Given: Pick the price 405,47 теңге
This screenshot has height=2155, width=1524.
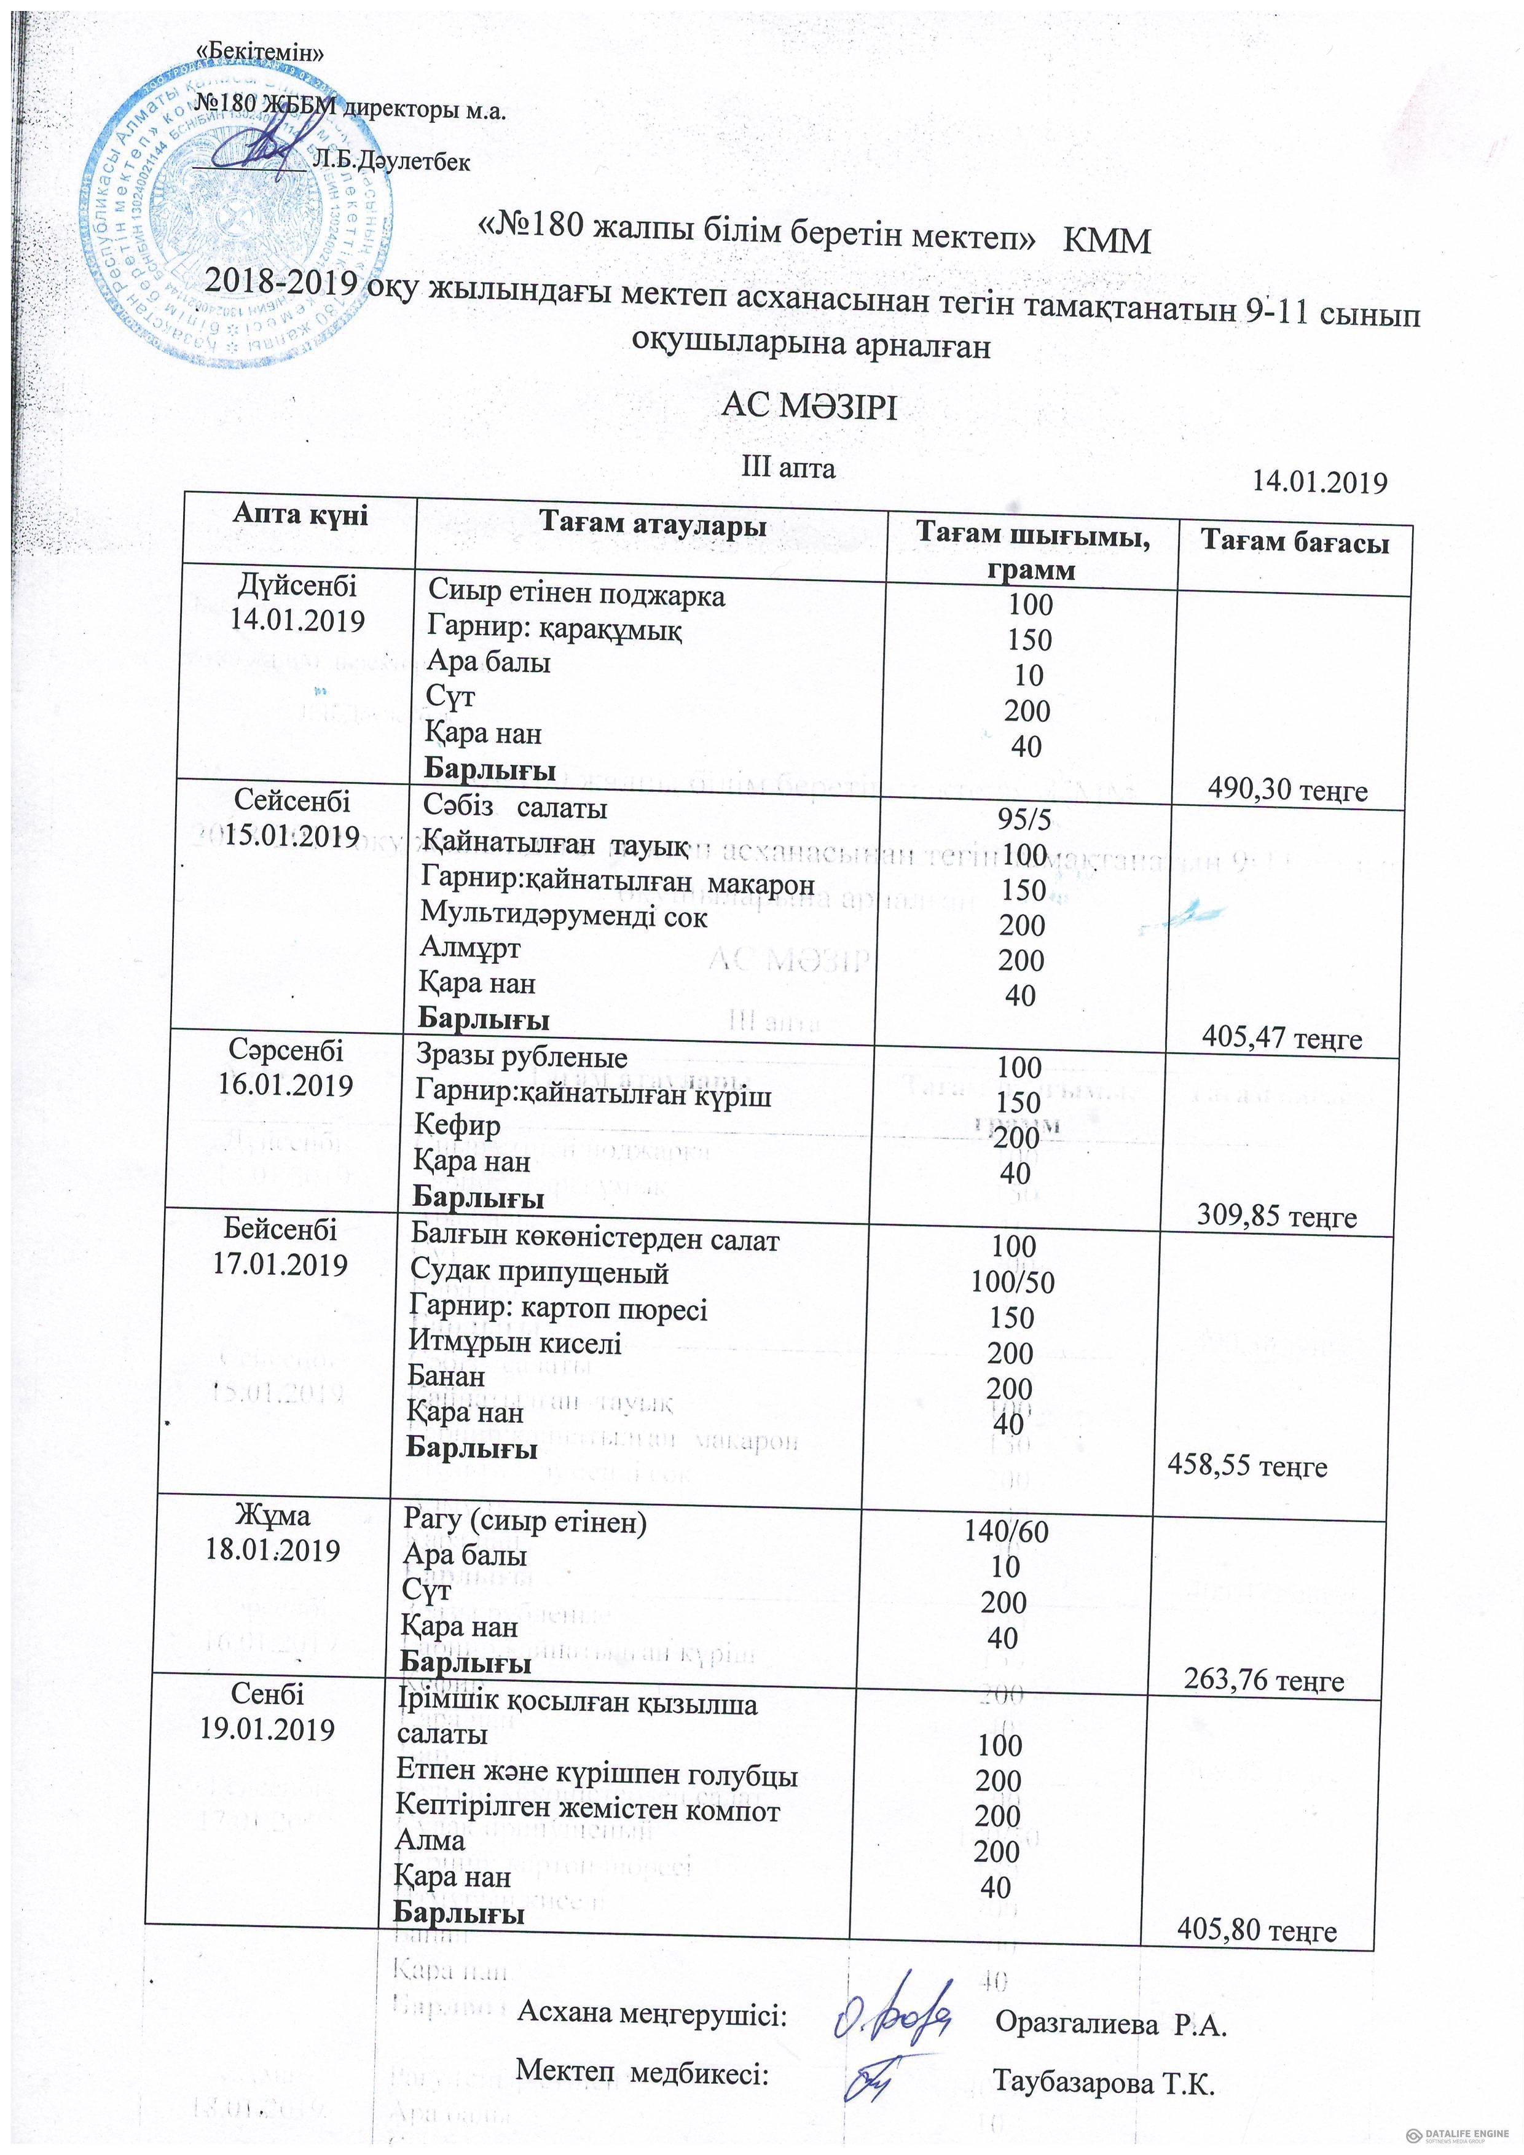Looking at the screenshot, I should [x=1282, y=1038].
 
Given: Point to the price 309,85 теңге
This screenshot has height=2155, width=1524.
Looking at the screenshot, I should [x=1277, y=1218].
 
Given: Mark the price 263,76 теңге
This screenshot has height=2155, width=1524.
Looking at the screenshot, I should [x=1264, y=1680].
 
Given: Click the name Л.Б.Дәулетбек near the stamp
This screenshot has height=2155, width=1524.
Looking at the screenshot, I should [x=391, y=162].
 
